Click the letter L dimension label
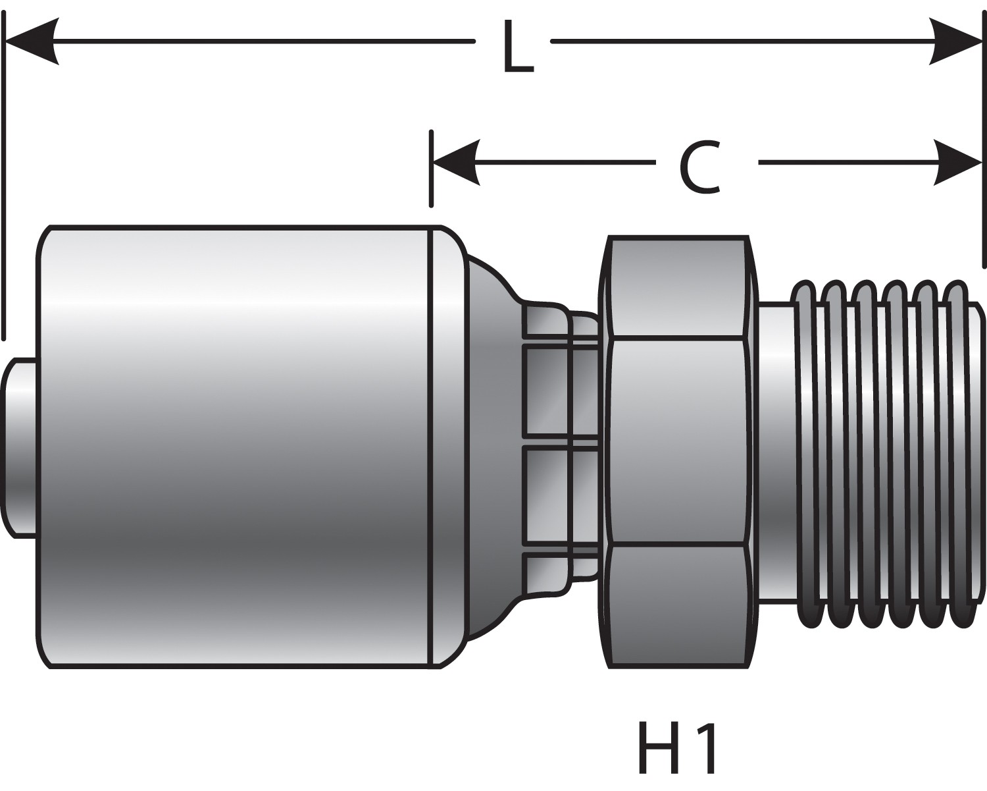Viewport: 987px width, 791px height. [x=517, y=47]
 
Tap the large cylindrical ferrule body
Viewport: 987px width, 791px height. [x=237, y=448]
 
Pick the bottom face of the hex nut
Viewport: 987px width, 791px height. [x=678, y=606]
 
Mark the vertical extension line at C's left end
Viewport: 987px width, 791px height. [x=431, y=169]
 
